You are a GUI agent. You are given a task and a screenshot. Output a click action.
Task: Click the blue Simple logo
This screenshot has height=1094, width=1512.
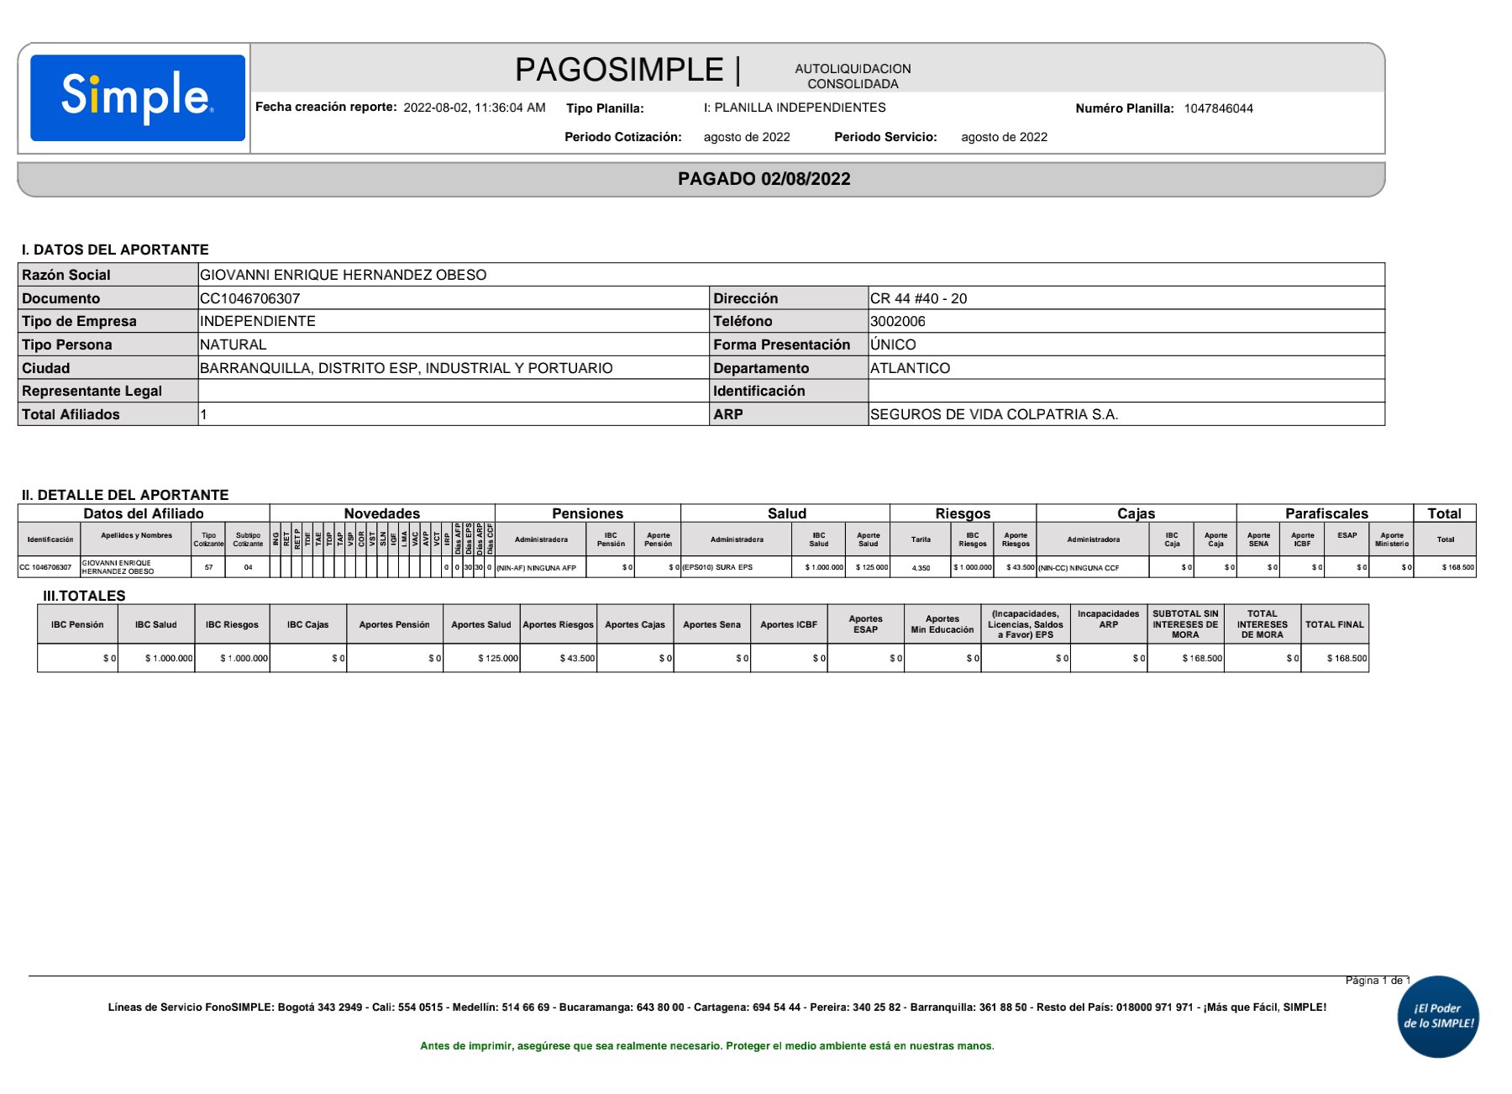click(138, 97)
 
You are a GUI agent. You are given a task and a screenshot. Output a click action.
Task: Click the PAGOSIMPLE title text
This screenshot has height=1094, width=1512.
click(619, 70)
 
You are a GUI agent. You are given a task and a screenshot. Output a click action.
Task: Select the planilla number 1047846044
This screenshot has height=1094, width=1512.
click(1218, 108)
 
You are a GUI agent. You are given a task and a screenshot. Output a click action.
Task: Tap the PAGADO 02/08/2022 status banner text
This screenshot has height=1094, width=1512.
click(764, 179)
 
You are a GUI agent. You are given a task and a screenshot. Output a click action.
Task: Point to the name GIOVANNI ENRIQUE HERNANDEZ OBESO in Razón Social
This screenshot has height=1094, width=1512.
click(343, 275)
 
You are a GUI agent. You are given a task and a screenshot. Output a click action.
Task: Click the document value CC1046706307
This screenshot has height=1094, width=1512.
click(249, 298)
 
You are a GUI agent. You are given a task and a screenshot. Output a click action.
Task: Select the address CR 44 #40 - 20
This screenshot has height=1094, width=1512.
click(918, 298)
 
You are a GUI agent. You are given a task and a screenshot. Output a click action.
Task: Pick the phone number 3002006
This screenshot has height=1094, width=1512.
click(897, 321)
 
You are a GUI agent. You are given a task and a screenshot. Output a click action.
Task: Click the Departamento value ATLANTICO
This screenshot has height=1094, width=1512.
click(910, 368)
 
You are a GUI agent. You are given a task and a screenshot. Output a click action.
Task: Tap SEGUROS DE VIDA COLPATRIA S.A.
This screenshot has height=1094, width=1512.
click(994, 414)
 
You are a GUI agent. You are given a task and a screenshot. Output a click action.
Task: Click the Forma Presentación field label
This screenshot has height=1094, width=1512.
click(781, 345)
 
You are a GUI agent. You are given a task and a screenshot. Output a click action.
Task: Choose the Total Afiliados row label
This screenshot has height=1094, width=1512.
click(71, 414)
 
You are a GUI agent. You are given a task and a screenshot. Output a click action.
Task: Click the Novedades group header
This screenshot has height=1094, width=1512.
click(381, 513)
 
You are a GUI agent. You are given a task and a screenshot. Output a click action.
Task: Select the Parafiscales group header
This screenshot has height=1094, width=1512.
click(1326, 513)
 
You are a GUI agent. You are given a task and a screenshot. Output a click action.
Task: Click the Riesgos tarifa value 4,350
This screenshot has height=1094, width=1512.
click(921, 568)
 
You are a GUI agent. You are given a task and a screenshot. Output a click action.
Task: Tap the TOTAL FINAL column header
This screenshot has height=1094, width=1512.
click(1334, 624)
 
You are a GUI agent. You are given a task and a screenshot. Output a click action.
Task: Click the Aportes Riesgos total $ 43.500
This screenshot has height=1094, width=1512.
click(577, 658)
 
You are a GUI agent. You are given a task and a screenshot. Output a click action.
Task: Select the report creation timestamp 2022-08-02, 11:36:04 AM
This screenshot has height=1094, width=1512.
click(474, 108)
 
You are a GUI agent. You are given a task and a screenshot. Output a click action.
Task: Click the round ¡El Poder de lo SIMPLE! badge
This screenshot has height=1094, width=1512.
click(1438, 1016)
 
